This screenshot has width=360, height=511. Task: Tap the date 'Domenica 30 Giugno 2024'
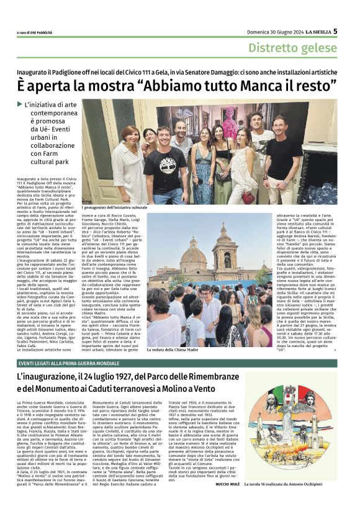click(x=261, y=31)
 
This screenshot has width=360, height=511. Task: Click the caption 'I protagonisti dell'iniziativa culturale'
click(x=115, y=207)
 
